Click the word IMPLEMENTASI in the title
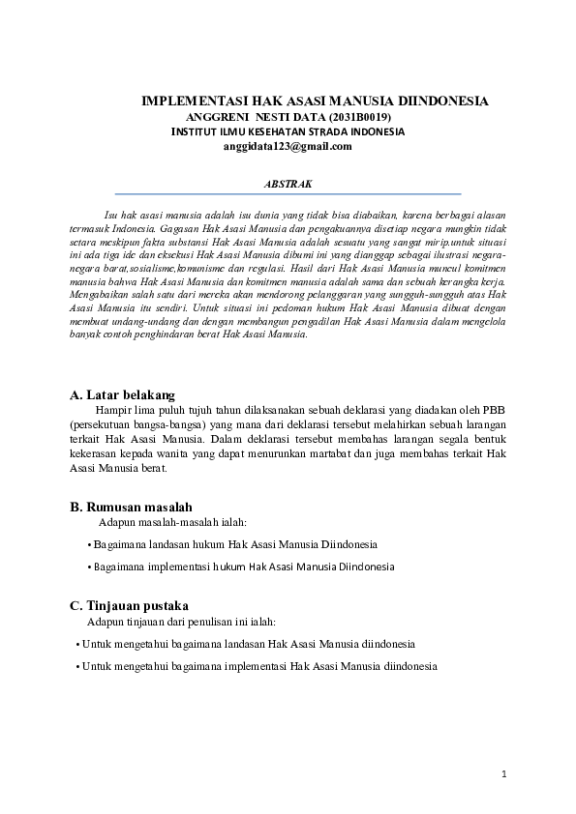click(195, 101)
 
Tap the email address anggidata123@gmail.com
click(288, 147)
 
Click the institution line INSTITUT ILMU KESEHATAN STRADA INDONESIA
click(288, 131)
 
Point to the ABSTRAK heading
click(288, 182)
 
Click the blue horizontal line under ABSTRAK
click(288, 193)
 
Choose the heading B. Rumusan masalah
click(131, 507)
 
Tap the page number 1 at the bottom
click(504, 773)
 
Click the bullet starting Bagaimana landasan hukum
click(232, 544)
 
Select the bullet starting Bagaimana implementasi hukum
click(242, 567)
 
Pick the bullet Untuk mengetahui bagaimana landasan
click(246, 643)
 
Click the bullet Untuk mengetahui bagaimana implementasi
click(257, 666)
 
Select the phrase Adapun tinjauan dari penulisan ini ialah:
click(182, 621)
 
